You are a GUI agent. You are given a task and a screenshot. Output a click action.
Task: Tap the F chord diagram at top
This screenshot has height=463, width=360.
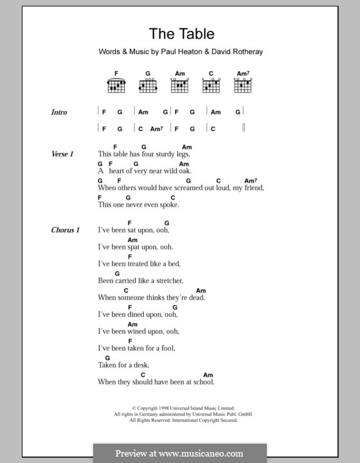tap(116, 84)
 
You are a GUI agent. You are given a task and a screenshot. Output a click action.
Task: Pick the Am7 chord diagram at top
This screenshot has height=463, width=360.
tap(242, 84)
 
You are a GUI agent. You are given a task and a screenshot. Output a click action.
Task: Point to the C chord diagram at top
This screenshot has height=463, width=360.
tap(211, 84)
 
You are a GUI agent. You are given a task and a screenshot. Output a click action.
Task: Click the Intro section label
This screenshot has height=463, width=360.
tap(59, 113)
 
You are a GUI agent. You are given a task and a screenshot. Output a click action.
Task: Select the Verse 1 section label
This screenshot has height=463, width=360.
tap(63, 154)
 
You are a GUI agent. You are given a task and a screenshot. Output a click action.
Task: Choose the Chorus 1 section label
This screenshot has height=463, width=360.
tap(66, 230)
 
